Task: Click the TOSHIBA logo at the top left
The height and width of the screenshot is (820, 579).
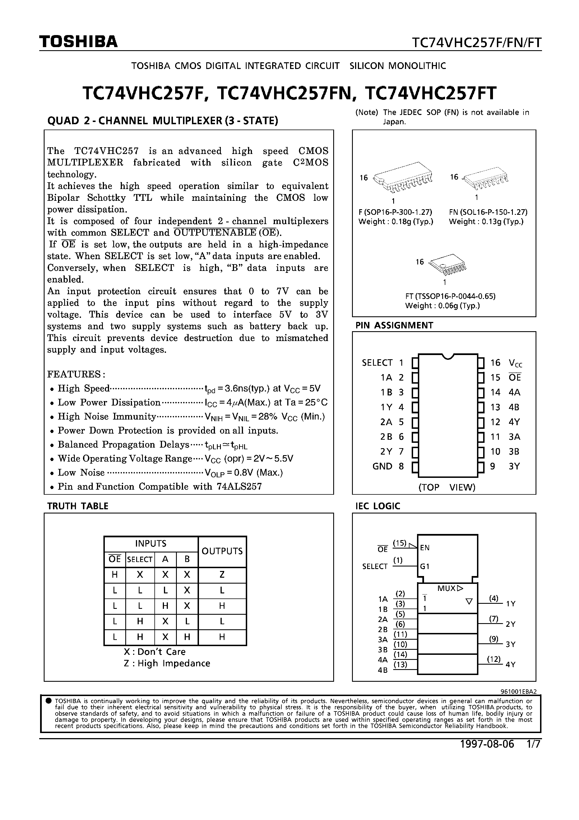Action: (78, 42)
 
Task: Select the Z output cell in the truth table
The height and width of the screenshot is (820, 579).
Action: (222, 575)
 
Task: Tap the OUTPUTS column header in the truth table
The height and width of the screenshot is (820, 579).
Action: (222, 551)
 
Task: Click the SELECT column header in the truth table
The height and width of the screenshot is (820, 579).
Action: (140, 559)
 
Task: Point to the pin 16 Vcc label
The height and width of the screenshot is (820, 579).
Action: (515, 363)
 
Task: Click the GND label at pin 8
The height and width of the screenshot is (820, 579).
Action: (382, 466)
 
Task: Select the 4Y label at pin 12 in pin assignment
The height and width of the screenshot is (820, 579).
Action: (514, 422)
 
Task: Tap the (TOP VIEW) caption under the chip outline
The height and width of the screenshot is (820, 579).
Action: (447, 487)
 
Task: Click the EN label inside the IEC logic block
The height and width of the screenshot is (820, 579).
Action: (425, 547)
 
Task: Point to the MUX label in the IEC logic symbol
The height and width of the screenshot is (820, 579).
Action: (446, 588)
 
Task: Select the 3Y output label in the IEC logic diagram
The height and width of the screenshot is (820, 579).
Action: (510, 644)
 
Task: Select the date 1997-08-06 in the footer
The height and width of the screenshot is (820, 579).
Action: (487, 744)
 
